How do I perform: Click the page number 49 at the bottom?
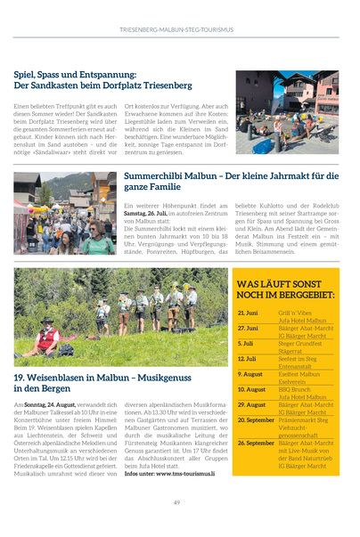click(x=177, y=503)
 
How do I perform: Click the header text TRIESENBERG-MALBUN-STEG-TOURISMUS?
click(x=177, y=29)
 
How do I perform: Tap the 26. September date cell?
click(x=256, y=443)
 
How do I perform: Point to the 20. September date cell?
click(x=256, y=419)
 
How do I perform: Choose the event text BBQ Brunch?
click(x=294, y=389)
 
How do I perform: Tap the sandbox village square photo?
click(x=287, y=112)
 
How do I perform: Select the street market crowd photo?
click(x=64, y=214)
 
